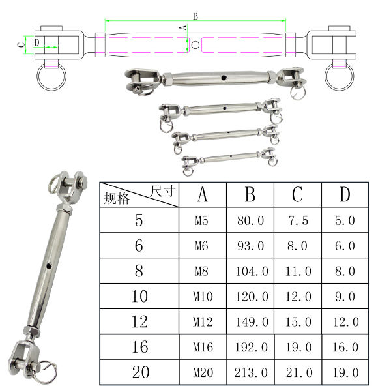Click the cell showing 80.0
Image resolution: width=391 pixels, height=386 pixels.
250,220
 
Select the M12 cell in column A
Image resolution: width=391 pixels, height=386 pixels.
203,321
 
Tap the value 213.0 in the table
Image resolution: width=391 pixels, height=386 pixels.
250,372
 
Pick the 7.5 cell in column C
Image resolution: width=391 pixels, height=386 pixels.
298,220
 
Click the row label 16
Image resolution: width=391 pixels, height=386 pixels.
139,347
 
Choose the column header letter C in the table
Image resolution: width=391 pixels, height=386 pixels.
298,194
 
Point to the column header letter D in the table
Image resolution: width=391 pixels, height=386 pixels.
345,194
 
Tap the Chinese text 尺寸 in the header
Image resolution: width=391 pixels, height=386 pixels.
162,190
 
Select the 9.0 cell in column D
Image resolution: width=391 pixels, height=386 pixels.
345,297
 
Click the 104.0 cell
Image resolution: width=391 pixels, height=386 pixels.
250,271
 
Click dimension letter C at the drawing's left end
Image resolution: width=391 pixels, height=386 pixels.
21,44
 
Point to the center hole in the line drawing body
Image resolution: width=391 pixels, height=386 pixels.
196,44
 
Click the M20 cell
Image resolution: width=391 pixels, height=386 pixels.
203,372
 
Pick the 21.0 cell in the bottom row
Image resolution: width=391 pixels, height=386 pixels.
298,372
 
